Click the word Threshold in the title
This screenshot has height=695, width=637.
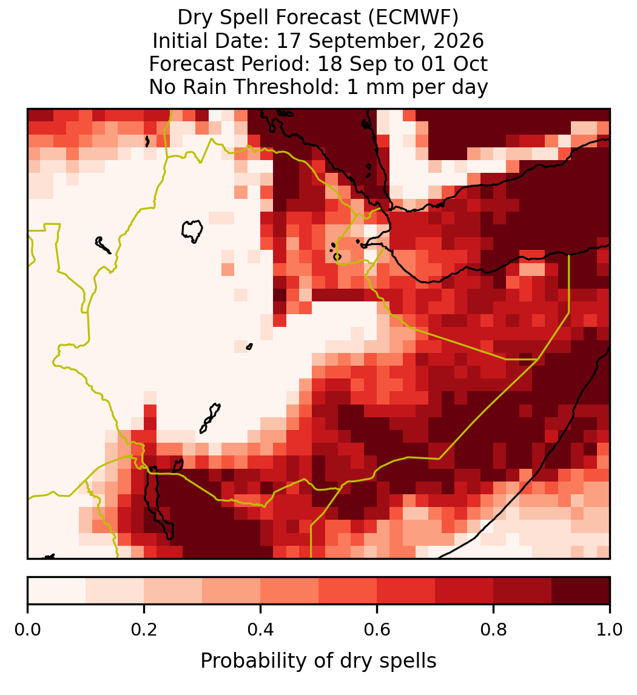[291, 87]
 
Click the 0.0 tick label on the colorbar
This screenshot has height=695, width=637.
[27, 630]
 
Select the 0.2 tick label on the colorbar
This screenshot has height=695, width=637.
[144, 630]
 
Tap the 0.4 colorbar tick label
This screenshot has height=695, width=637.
[261, 630]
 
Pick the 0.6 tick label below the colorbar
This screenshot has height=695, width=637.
[377, 630]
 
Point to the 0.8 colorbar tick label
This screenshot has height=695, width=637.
[493, 630]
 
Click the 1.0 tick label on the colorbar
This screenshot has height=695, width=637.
[610, 630]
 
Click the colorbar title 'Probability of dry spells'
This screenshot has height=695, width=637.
[318, 661]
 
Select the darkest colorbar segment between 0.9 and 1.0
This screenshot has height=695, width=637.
[581, 591]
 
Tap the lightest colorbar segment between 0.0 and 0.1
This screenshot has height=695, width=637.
[57, 591]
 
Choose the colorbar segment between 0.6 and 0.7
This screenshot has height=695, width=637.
[406, 591]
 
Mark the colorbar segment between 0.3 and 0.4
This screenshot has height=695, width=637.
[231, 591]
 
